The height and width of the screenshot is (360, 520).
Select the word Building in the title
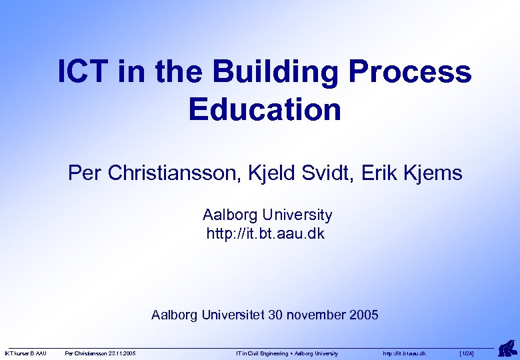click(x=248, y=72)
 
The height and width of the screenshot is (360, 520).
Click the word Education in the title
click(x=265, y=109)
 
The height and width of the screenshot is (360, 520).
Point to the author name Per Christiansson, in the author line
click(x=155, y=174)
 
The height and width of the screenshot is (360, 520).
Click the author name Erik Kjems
click(x=412, y=174)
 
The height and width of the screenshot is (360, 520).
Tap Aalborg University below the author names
click(x=267, y=215)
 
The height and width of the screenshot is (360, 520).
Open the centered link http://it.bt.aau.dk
click(x=265, y=234)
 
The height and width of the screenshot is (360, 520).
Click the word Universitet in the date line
click(x=233, y=315)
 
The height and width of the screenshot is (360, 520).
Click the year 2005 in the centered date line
click(x=363, y=315)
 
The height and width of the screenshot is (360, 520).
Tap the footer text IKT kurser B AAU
click(x=26, y=353)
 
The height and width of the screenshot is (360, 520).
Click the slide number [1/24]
click(x=467, y=353)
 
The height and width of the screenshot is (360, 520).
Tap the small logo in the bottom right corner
click(x=507, y=348)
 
